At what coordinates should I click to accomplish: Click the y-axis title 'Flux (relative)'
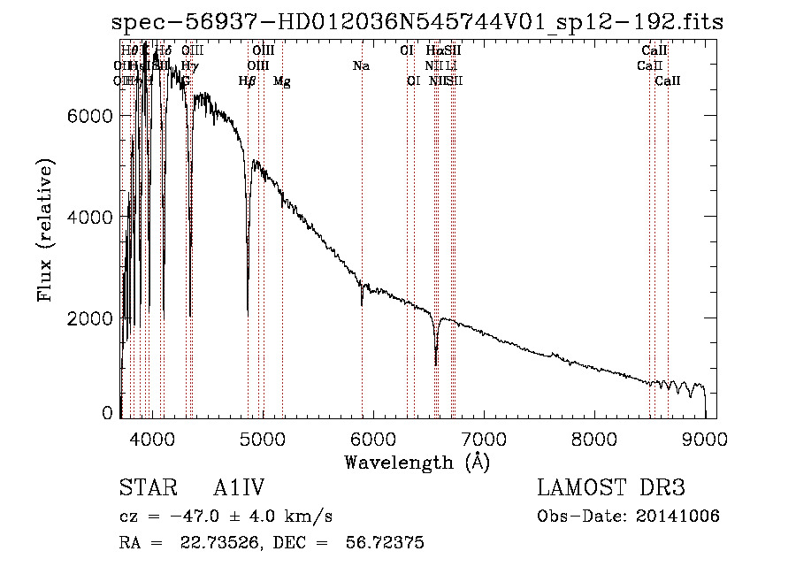click(45, 230)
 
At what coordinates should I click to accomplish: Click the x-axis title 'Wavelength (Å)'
click(417, 462)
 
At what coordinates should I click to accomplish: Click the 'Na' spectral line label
click(361, 66)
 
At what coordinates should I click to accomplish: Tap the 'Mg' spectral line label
click(281, 81)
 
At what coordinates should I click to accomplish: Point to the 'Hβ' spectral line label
click(248, 81)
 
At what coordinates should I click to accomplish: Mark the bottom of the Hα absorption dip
click(436, 363)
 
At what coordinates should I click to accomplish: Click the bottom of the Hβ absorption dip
click(248, 311)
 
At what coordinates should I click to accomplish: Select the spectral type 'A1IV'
click(240, 488)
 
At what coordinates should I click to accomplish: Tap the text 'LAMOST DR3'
click(611, 488)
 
